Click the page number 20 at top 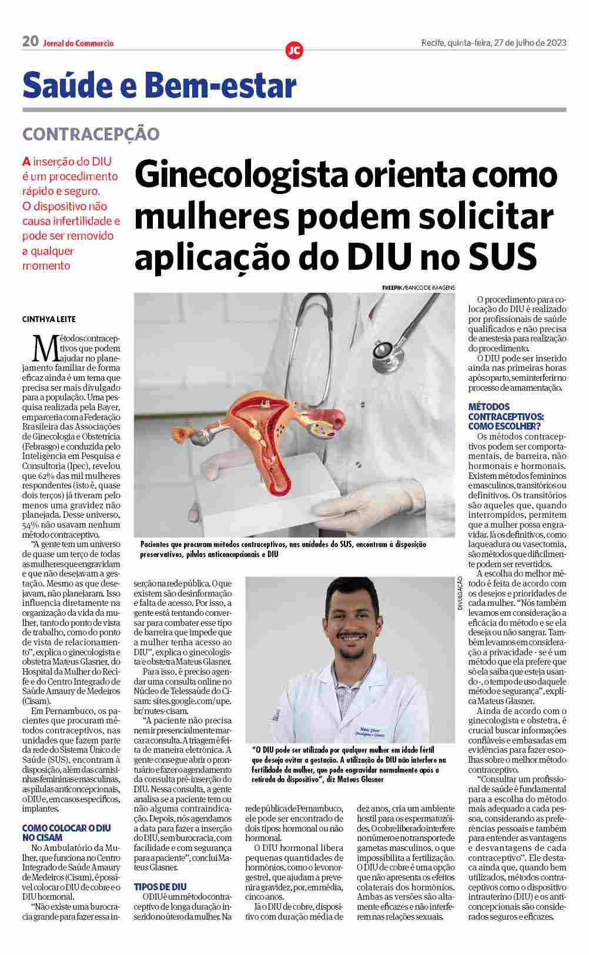click(31, 42)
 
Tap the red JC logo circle click(294, 51)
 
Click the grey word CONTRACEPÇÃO click(91, 134)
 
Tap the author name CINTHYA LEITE click(49, 319)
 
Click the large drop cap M click(45, 348)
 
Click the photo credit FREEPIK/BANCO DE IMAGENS click(418, 287)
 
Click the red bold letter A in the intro click(26, 162)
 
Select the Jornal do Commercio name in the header click(78, 43)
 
